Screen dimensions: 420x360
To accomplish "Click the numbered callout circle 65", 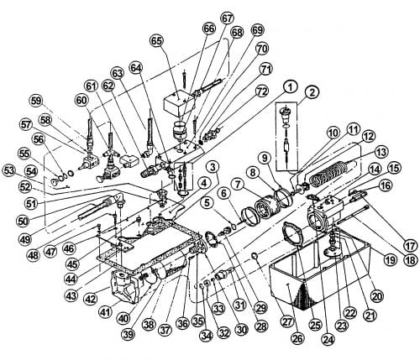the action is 157,41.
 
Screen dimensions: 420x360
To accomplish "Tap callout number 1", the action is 291,87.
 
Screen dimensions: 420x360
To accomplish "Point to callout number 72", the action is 261,92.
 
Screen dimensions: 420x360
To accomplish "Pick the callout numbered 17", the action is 410,247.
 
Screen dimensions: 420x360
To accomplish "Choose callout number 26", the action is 297,339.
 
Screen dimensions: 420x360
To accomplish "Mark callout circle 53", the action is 9,171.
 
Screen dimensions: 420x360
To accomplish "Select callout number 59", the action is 36,101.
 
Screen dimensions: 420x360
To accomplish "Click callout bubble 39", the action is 129,334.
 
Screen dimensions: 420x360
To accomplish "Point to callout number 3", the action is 213,168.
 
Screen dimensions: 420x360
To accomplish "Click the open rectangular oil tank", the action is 320,268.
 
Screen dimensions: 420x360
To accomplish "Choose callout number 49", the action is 25,239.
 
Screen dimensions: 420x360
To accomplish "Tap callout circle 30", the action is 241,330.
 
